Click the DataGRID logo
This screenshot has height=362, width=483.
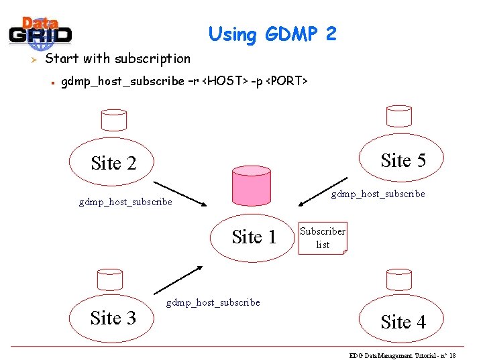[40, 32]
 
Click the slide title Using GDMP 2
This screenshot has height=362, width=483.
[272, 34]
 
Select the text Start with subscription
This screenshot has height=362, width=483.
[117, 58]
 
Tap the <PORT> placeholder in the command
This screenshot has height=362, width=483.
[286, 81]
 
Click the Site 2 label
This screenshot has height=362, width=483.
[113, 163]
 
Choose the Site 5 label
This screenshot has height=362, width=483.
[403, 160]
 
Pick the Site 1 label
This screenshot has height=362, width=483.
[254, 237]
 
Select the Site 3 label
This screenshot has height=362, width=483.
[113, 318]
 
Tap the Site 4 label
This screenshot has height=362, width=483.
[403, 322]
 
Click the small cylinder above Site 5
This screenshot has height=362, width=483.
[398, 116]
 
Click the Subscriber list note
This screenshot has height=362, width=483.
[323, 238]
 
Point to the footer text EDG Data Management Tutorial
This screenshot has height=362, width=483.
[402, 355]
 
